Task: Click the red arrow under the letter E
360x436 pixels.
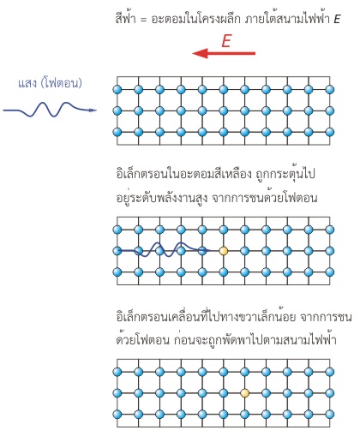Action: [224, 53]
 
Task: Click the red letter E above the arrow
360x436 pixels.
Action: [226, 41]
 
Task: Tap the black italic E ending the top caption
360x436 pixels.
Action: [337, 19]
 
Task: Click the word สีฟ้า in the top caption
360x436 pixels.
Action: [125, 18]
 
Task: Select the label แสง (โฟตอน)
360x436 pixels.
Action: [50, 83]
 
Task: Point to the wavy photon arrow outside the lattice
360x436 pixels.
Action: [50, 110]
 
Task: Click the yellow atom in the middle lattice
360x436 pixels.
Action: [224, 251]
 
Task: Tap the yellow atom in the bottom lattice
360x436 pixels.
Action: [244, 393]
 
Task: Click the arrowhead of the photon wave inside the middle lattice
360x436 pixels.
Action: [207, 251]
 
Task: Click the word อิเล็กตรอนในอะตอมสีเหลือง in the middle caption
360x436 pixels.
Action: [183, 174]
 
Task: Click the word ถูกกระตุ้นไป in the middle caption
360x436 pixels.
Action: [285, 173]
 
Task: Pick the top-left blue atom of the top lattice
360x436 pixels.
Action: [117, 89]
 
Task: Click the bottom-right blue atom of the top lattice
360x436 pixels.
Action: [330, 132]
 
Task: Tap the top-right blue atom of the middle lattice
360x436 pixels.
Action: [330, 230]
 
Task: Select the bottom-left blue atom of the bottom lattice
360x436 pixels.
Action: [117, 415]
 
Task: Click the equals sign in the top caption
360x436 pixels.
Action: [143, 20]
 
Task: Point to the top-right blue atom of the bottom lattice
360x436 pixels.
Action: [330, 372]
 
